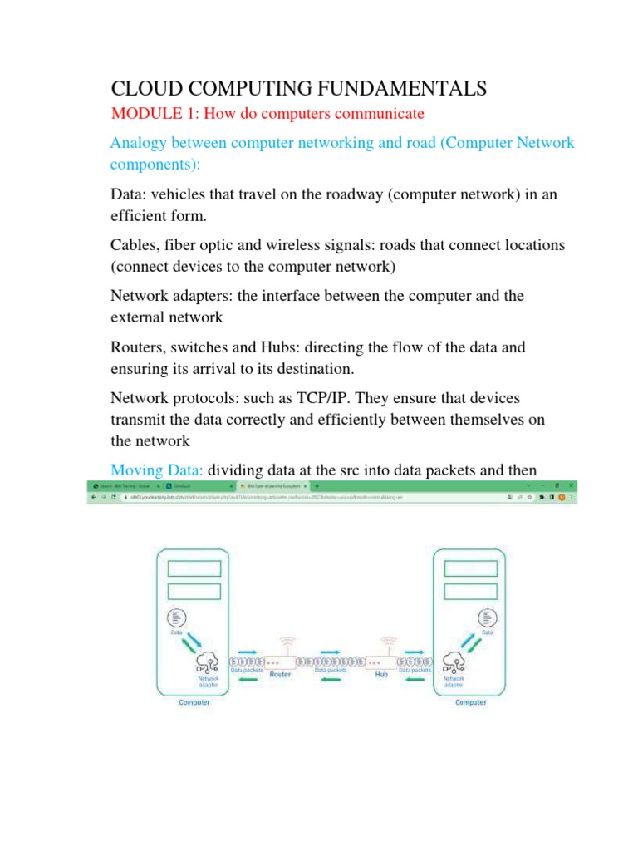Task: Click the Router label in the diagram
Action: tap(280, 675)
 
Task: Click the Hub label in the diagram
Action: tap(382, 675)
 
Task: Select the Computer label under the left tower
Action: tap(194, 702)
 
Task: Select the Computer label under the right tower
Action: tap(470, 702)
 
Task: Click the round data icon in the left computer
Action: tap(175, 617)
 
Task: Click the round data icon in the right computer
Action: tap(488, 617)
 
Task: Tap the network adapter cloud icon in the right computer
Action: tap(454, 662)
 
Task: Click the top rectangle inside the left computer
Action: tap(194, 568)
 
